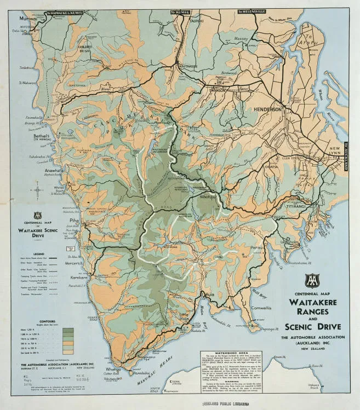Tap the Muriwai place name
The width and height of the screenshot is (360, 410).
(28, 19)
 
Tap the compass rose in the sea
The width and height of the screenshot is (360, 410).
(37, 192)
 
